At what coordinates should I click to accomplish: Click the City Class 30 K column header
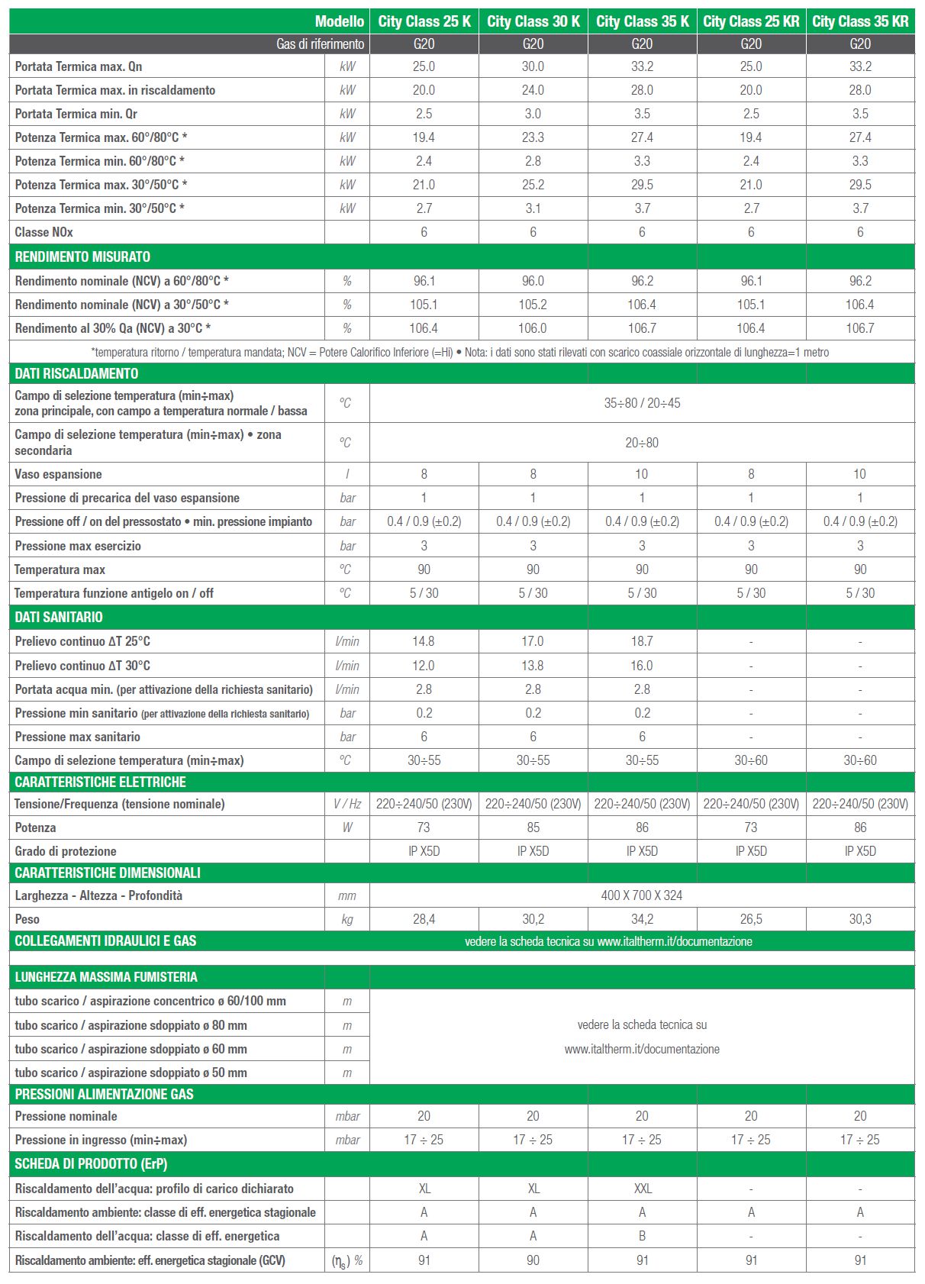click(x=533, y=21)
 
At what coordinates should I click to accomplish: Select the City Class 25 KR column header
click(x=751, y=21)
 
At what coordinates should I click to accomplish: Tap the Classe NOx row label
click(x=44, y=232)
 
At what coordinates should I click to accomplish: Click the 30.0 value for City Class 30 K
click(x=533, y=66)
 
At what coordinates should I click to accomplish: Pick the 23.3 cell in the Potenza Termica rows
click(x=533, y=137)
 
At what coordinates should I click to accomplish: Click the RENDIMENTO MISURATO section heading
click(x=82, y=256)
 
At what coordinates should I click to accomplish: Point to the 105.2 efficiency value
click(x=533, y=305)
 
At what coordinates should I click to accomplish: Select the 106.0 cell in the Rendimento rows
click(x=533, y=328)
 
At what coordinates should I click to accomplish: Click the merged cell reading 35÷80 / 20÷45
click(x=642, y=403)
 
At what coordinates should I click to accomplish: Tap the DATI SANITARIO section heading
click(x=59, y=617)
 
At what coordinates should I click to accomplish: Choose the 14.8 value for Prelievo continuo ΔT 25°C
click(x=424, y=641)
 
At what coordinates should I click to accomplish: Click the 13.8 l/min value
click(x=533, y=666)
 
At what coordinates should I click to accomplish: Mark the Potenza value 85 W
click(x=533, y=828)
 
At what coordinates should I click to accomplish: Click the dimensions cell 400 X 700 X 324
click(x=642, y=895)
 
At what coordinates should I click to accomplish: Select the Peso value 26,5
click(x=751, y=919)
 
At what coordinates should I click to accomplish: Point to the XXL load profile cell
click(x=643, y=1189)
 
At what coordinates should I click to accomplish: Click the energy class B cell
click(x=642, y=1236)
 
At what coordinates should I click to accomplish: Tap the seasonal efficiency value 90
click(x=533, y=1260)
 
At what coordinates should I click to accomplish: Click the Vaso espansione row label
click(x=58, y=474)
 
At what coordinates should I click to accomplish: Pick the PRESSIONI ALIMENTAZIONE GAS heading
click(x=104, y=1094)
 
